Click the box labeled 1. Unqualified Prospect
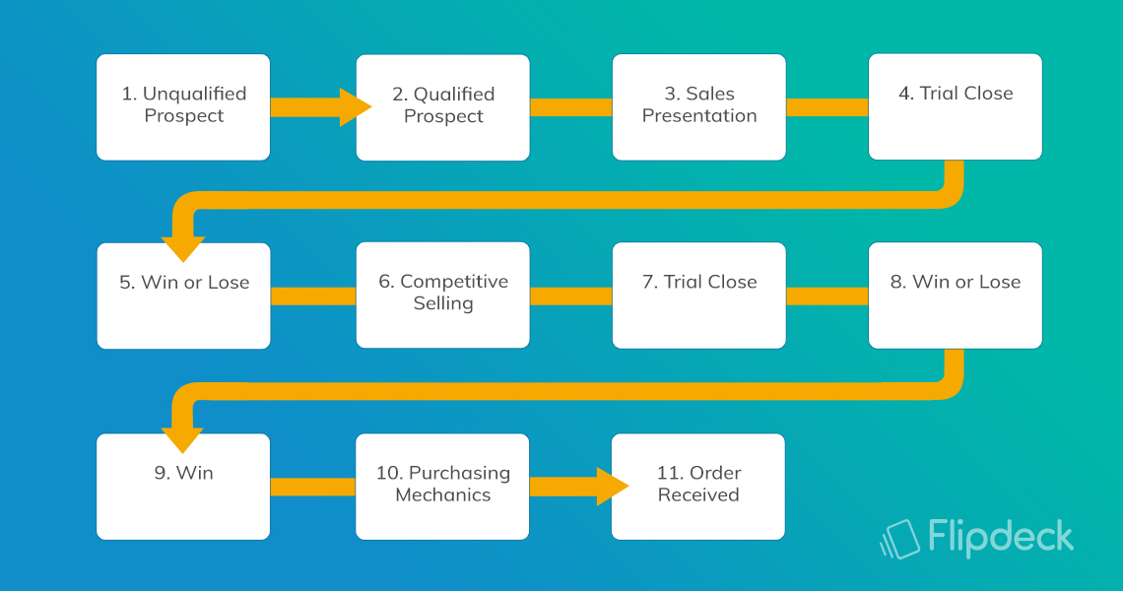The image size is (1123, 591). [x=183, y=107]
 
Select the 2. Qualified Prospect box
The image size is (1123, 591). [x=442, y=107]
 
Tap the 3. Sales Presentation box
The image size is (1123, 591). [x=699, y=107]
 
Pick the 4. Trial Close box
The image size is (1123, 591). [x=956, y=107]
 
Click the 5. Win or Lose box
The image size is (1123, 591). [x=183, y=295]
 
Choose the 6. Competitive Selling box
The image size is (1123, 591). [x=442, y=295]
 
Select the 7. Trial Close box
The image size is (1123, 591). [x=699, y=295]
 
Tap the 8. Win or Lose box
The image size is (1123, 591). [x=956, y=295]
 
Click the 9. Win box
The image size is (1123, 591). [x=183, y=487]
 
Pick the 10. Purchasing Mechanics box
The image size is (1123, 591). [x=442, y=487]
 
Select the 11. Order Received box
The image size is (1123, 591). [x=698, y=487]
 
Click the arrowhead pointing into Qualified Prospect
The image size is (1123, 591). [x=355, y=107]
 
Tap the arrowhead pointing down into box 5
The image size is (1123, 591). [x=183, y=248]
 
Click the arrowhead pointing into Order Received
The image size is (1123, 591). [x=612, y=487]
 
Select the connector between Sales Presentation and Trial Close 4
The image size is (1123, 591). [x=827, y=107]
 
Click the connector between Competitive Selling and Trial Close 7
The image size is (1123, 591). [x=570, y=295]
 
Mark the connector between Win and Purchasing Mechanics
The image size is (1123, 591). [x=313, y=488]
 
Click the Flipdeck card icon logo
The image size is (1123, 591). [x=900, y=540]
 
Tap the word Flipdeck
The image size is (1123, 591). [x=1001, y=537]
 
